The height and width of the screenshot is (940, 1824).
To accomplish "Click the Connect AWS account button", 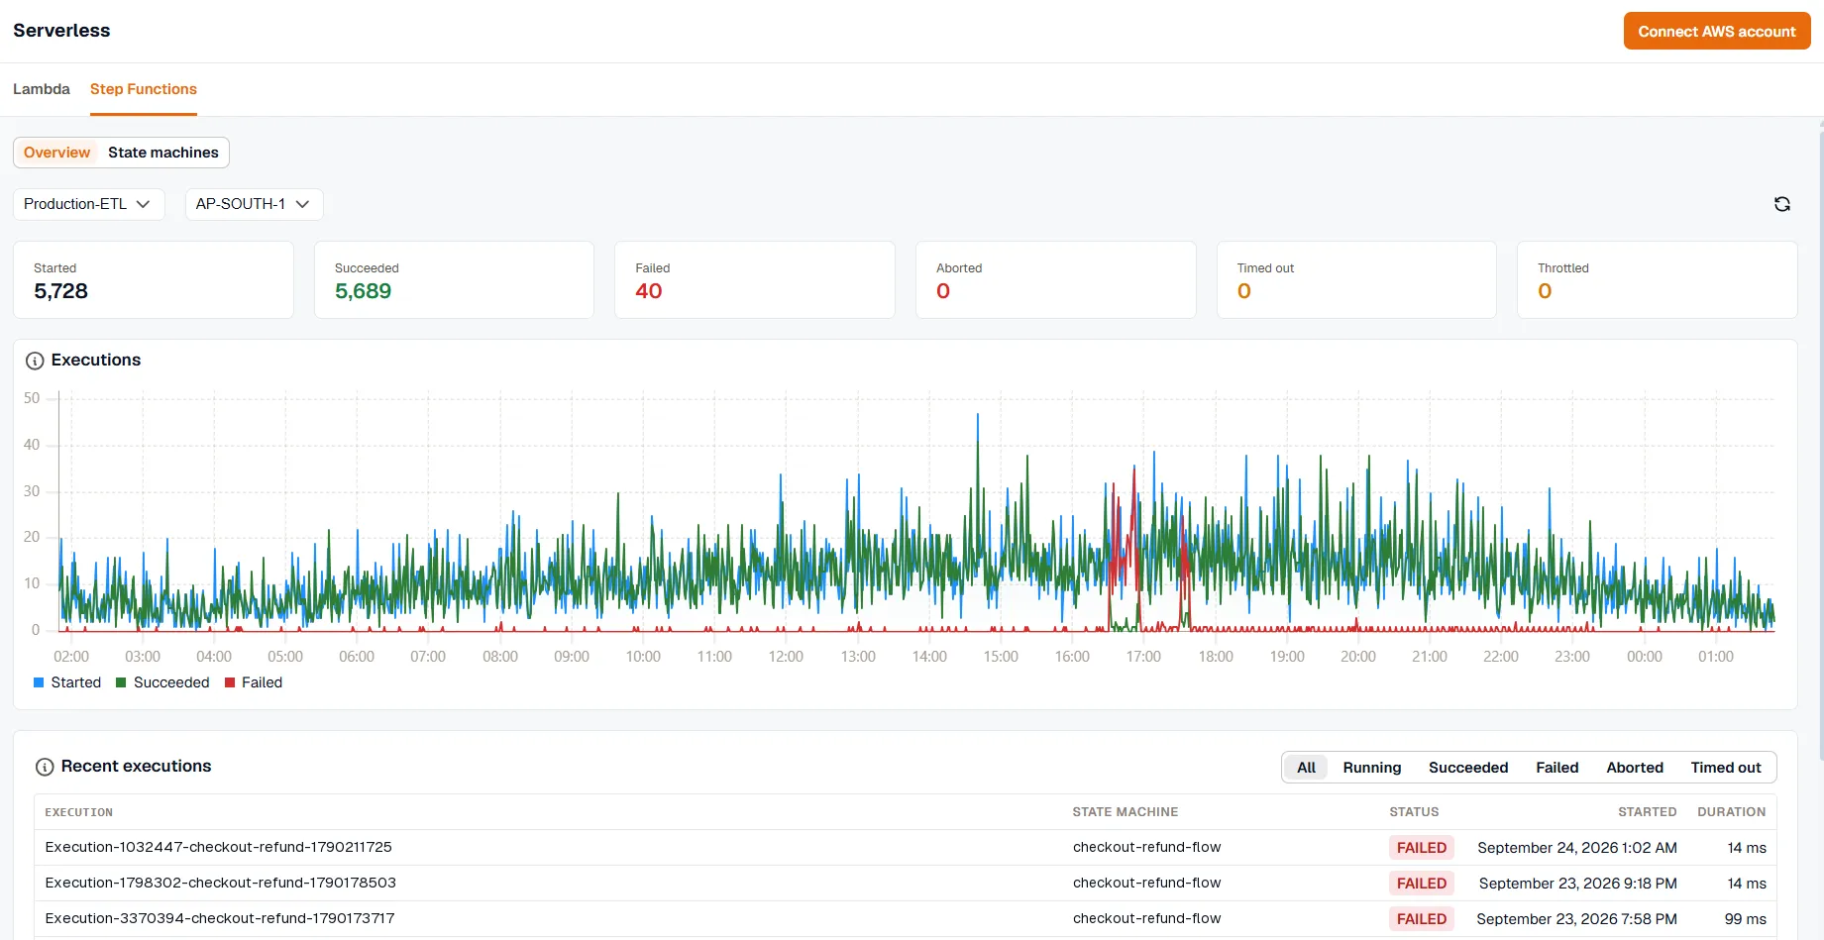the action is pos(1717,31).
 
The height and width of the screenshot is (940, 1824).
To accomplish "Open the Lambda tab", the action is pos(42,89).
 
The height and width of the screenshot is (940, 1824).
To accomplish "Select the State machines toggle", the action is pos(163,153).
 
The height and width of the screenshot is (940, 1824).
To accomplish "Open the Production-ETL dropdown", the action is pos(88,204).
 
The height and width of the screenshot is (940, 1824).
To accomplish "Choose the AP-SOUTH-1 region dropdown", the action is pos(254,204).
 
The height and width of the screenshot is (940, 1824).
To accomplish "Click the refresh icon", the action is pos(1782,204).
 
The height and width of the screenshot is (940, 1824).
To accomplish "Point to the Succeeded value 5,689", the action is pos(363,291).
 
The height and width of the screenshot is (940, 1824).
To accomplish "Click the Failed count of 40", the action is pos(649,291).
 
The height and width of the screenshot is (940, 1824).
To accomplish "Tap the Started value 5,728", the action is pos(60,291).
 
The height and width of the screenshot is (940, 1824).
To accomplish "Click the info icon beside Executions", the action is pos(35,361).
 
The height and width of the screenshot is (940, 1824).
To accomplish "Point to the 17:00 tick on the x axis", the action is pos(1143,657).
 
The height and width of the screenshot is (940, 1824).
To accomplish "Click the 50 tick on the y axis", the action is pos(32,398).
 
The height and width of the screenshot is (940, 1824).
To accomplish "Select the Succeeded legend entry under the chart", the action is pos(162,682).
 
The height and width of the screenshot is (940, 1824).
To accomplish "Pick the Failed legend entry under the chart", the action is pos(254,682).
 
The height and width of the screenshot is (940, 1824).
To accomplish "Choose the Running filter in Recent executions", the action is pos(1372,768).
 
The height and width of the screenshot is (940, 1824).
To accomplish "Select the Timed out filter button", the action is pos(1726,768).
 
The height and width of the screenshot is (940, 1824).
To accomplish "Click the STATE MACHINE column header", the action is pos(1126,812).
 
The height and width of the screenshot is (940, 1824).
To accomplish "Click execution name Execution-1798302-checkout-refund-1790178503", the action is pos(221,883).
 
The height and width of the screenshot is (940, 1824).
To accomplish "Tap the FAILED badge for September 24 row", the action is pos(1422,848).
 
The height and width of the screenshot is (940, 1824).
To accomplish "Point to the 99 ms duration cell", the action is pos(1746,919).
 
